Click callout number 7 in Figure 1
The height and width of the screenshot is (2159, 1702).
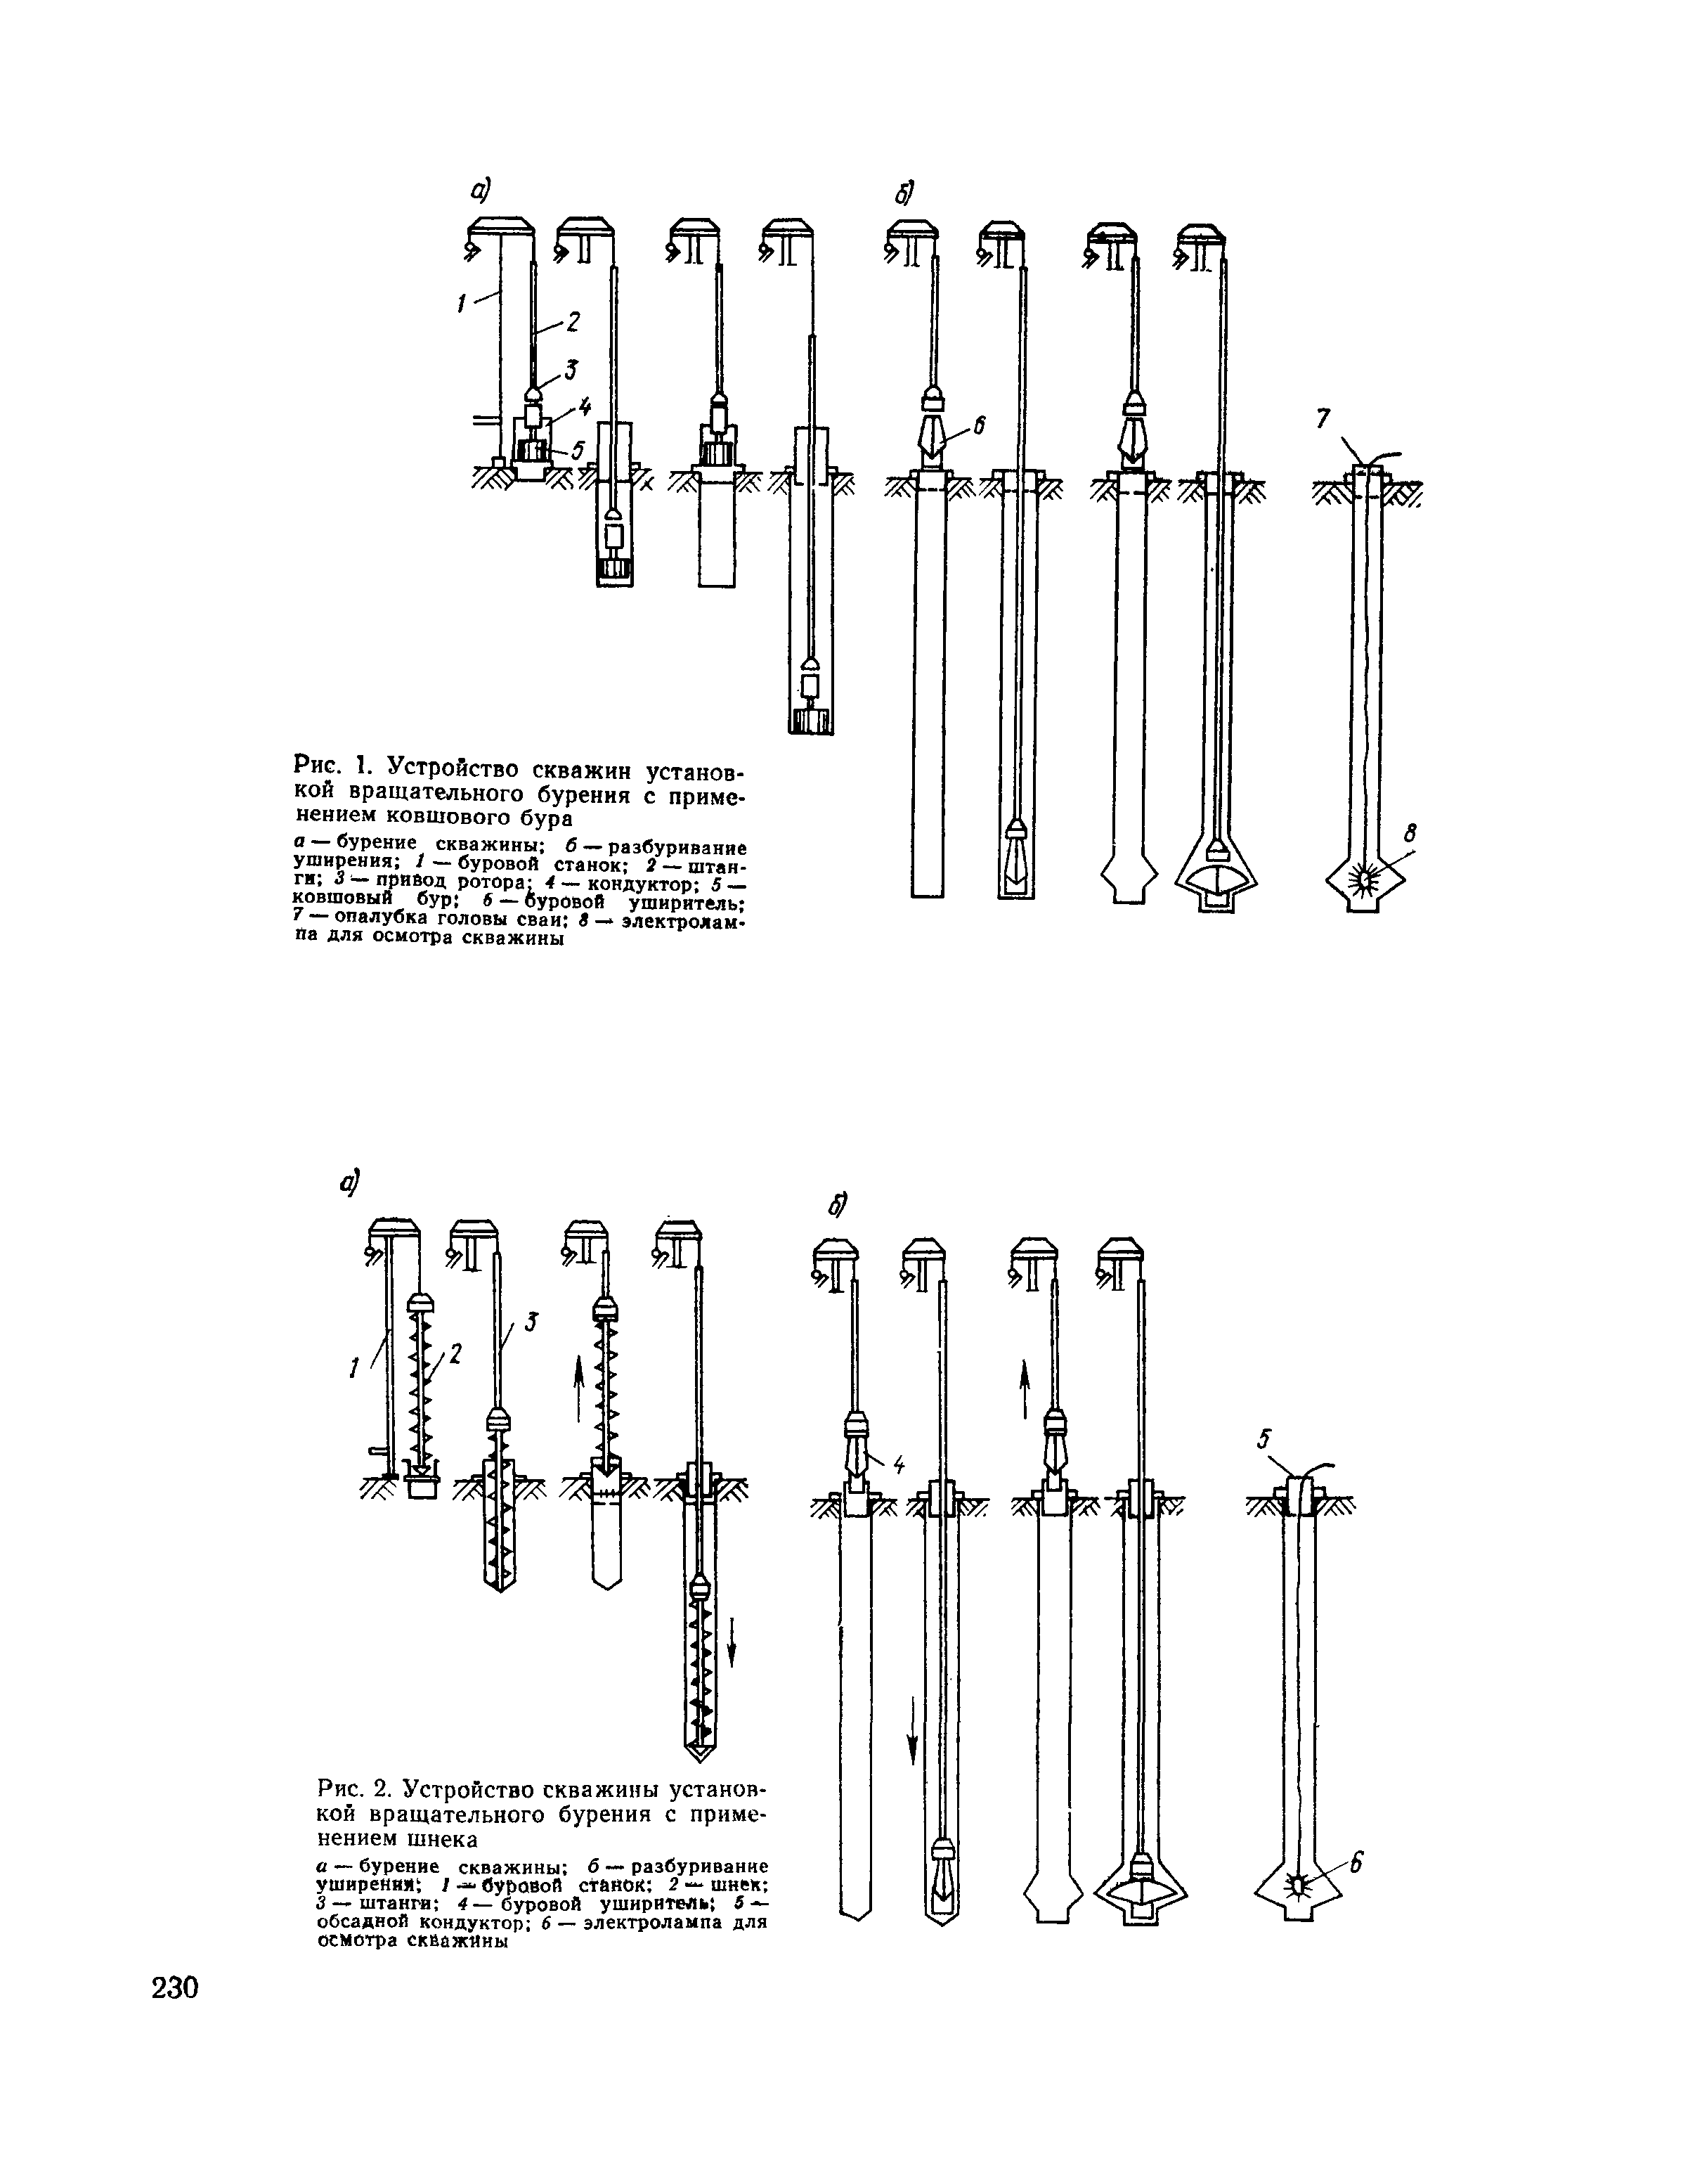click(1323, 420)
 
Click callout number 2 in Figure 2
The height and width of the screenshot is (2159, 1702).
click(455, 1353)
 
